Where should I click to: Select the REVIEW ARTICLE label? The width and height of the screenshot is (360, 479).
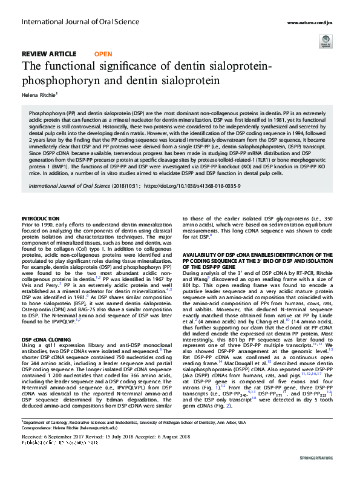pos(50,55)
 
